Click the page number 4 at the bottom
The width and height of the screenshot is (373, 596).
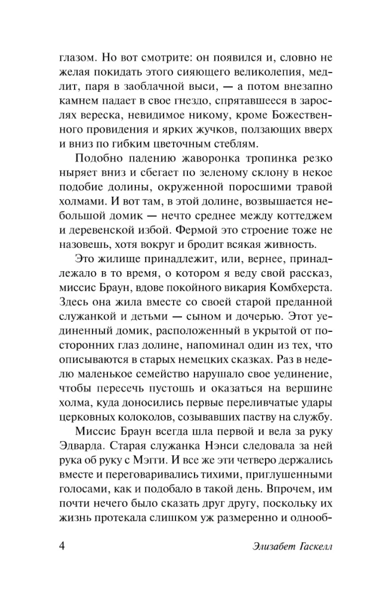click(63, 547)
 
